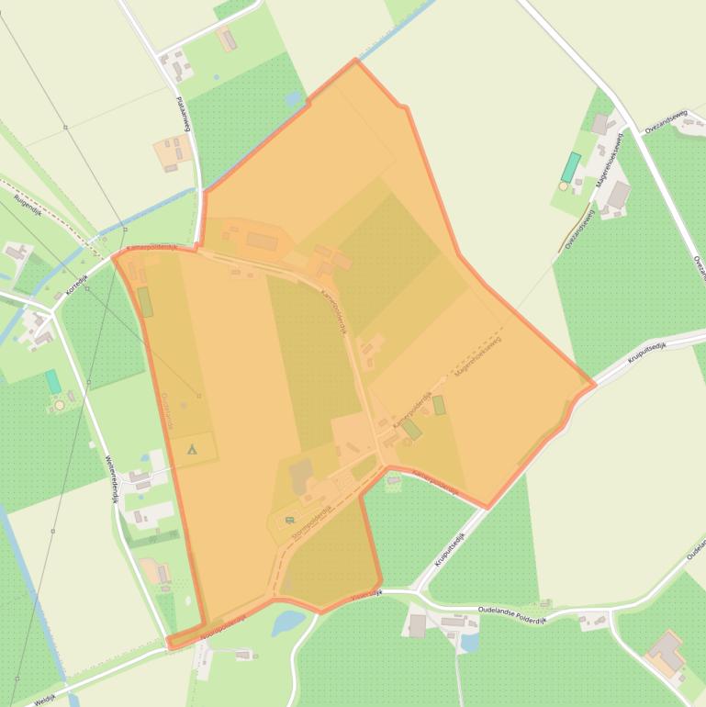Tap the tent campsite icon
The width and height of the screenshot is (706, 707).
click(193, 449)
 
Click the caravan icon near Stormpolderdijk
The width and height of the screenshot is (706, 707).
click(290, 521)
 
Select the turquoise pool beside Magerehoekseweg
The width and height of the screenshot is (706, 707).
click(571, 167)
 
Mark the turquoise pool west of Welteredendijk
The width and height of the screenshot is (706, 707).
click(53, 381)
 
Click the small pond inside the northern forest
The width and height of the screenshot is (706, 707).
click(293, 97)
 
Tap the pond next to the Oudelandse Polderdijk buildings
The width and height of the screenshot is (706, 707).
click(469, 644)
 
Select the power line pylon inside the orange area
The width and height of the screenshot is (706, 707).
click(199, 396)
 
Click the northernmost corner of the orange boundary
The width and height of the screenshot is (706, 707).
click(355, 61)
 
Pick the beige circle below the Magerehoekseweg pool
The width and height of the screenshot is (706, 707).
click(563, 186)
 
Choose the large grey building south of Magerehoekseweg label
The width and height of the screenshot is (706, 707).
click(618, 195)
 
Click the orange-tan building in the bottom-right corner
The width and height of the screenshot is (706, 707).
click(666, 650)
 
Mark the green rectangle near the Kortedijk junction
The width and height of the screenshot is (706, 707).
click(145, 301)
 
